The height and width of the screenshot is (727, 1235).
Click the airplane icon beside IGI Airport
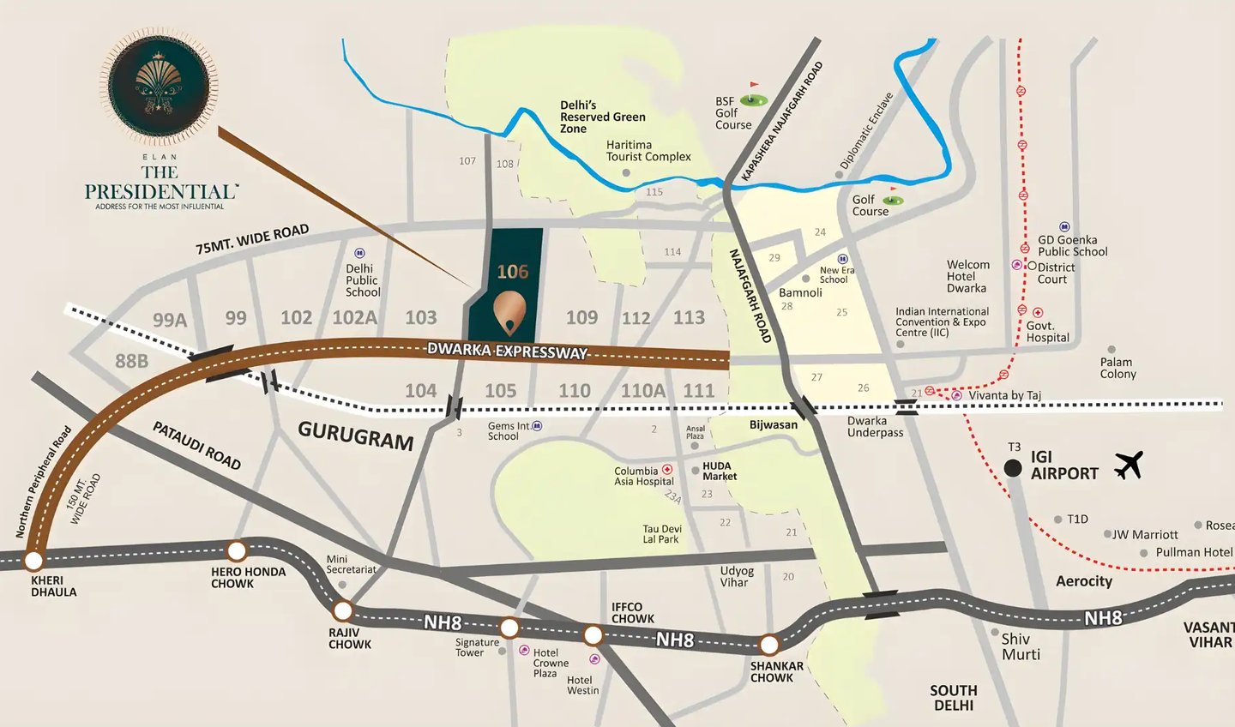tap(1129, 466)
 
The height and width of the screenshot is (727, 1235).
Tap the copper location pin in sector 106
tap(511, 312)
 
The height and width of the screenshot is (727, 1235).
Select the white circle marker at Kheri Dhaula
tap(33, 562)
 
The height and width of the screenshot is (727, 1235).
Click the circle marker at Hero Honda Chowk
tap(237, 551)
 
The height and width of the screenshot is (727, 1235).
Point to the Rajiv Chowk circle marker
tap(343, 611)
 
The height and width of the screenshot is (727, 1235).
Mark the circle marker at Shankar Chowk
tap(769, 645)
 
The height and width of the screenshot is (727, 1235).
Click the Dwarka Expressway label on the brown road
tap(507, 351)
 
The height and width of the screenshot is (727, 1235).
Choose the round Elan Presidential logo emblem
tap(160, 86)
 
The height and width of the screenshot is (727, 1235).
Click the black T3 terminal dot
tap(1013, 468)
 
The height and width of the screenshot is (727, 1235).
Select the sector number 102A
tap(355, 318)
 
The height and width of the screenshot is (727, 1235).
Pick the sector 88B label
tap(132, 361)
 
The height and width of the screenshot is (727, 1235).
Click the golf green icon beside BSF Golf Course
tap(753, 100)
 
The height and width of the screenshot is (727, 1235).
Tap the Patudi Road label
tap(196, 445)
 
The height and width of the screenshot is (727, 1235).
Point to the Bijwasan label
tap(773, 424)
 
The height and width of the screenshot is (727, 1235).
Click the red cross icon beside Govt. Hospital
tap(1038, 313)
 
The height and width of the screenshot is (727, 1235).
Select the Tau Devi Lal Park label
tap(662, 534)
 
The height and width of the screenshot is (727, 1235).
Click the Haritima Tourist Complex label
tap(648, 151)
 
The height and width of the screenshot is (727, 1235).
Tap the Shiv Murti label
tap(1021, 646)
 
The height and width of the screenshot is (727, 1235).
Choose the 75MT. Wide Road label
tap(252, 239)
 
